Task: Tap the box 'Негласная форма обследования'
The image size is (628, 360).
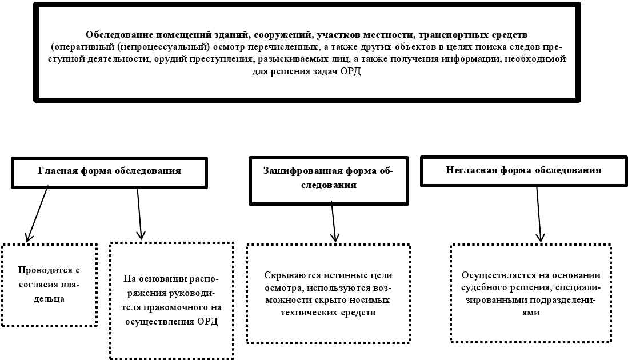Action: (x=523, y=171)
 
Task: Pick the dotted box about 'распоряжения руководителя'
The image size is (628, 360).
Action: (x=171, y=299)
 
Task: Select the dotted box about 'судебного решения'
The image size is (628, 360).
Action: (x=531, y=293)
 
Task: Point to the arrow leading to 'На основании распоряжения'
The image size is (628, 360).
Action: (x=140, y=213)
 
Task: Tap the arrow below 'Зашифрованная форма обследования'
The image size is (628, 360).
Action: (x=334, y=222)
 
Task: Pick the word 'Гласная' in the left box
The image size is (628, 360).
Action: (x=55, y=171)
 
